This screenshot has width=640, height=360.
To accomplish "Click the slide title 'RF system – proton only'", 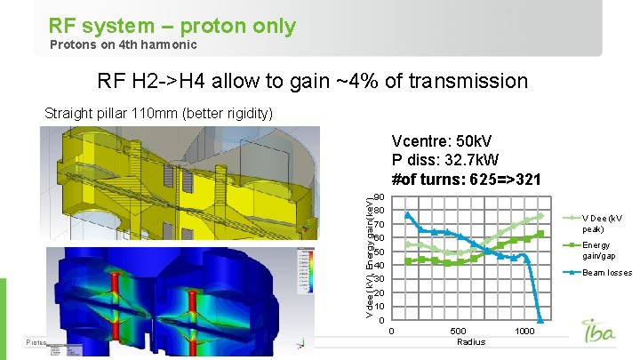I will [x=172, y=26].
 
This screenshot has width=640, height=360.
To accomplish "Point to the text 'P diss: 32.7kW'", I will [x=445, y=161].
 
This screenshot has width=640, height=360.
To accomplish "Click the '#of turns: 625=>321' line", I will [x=466, y=179].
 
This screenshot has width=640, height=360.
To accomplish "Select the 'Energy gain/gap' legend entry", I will [x=602, y=251].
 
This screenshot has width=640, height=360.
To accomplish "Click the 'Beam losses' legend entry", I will [x=606, y=273].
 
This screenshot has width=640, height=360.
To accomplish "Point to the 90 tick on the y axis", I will [x=379, y=197].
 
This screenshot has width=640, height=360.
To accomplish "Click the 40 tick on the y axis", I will [x=379, y=266].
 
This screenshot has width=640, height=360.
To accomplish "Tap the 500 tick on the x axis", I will [x=458, y=331].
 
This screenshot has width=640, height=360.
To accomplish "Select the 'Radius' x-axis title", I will [x=469, y=341].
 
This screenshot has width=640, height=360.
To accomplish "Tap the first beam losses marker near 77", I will [x=408, y=215].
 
